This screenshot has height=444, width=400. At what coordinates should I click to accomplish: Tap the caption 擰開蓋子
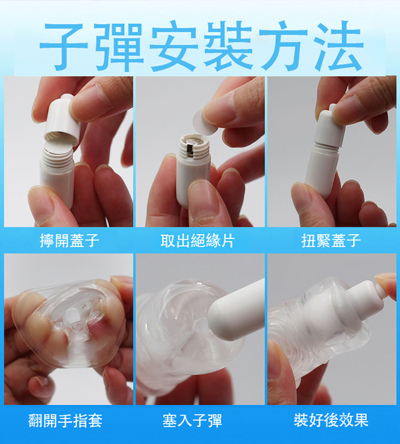(x=69, y=240)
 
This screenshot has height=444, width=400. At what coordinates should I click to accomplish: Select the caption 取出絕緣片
(x=198, y=241)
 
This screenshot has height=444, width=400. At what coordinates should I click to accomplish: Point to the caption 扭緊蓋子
(x=331, y=240)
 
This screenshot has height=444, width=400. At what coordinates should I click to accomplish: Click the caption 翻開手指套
(x=65, y=420)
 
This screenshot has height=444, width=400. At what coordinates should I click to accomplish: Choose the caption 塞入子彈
(x=192, y=420)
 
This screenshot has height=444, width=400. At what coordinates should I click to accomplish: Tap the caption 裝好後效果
(x=331, y=420)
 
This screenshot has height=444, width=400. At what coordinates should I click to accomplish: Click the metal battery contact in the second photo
(x=190, y=150)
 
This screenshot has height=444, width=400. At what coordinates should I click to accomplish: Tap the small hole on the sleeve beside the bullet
(x=202, y=323)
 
